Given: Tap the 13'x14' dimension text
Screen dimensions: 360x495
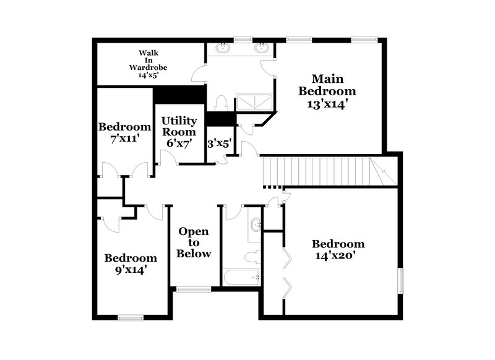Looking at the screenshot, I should (327, 104).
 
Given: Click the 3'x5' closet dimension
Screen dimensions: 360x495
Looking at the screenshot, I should (219, 144).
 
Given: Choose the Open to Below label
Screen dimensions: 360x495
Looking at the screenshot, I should (194, 242).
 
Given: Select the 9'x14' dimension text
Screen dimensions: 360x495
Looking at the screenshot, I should (130, 270).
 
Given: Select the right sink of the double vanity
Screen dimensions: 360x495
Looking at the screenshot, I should (260, 48).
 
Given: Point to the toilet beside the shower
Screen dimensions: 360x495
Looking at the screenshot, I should (221, 103).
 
